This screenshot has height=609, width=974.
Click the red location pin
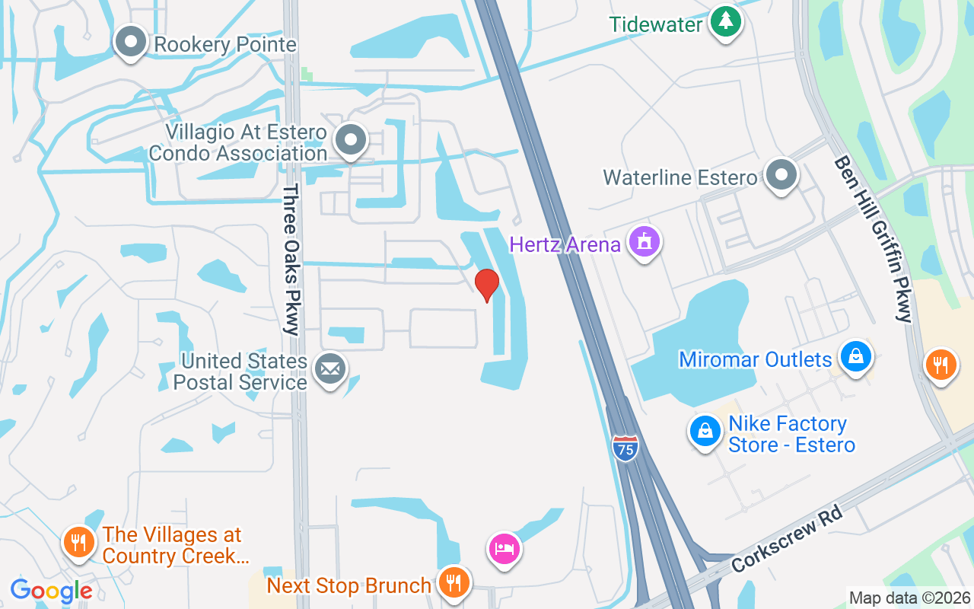pos(487,285)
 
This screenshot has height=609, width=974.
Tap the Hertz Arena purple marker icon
pos(645,243)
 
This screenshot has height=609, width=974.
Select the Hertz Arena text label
pos(565,245)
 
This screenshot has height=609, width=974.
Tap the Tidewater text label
pos(656,24)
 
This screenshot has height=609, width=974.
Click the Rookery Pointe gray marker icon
pos(131,42)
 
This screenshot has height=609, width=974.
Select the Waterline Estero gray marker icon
pos(781,175)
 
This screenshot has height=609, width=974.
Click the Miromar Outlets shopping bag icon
pos(856,356)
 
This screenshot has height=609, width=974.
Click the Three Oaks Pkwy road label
pos(291,259)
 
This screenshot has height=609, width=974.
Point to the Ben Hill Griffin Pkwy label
pos(873,239)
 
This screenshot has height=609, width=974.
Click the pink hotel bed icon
pos(504,548)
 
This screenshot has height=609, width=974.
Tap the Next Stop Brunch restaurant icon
pos(454,584)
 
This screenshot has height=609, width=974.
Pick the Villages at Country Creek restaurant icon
pos(78,543)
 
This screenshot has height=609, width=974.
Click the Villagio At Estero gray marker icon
pos(351,140)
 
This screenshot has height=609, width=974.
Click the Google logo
pos(51,591)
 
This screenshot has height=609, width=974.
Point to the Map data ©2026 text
pos(909,598)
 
